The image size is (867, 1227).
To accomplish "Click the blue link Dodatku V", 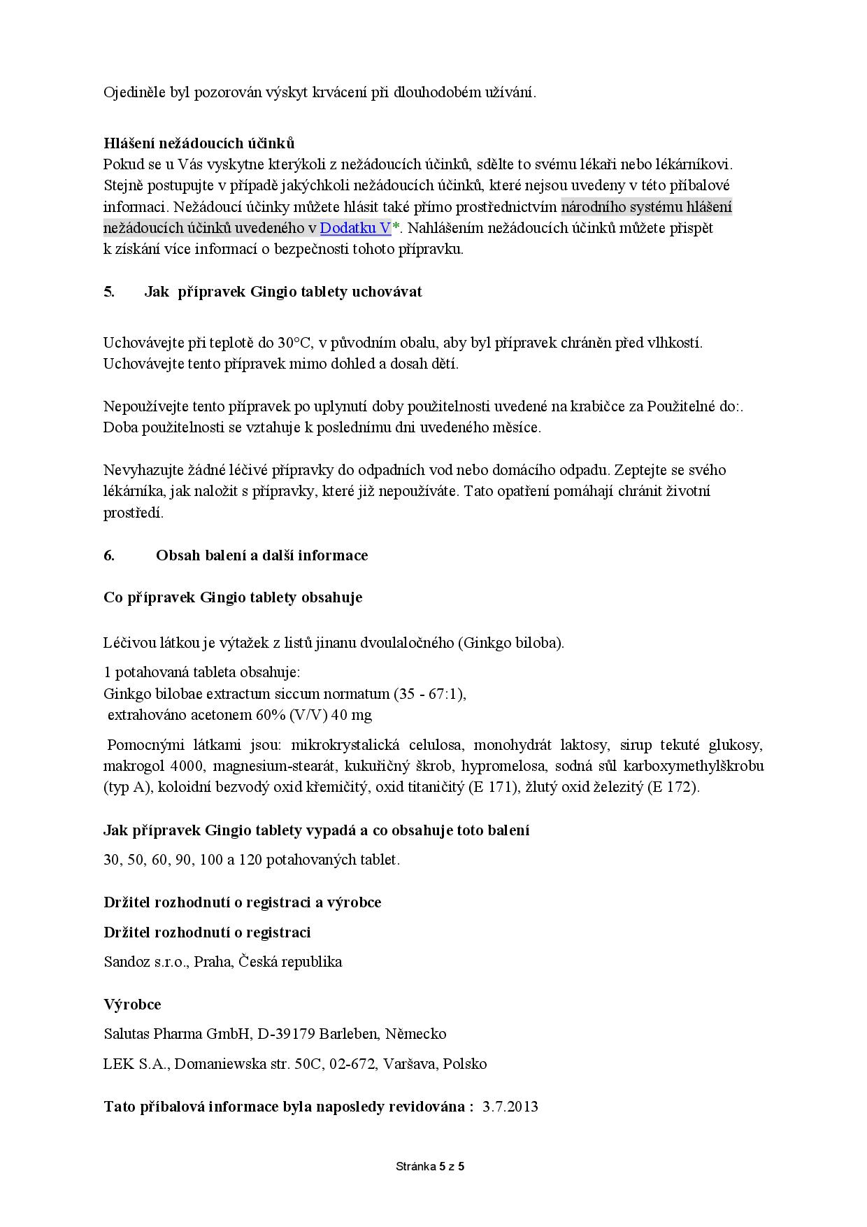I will [x=355, y=228].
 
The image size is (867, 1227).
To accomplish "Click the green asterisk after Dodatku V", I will [x=395, y=227].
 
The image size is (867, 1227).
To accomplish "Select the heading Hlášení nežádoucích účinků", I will [x=199, y=143].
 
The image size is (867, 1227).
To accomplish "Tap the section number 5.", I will [x=109, y=292].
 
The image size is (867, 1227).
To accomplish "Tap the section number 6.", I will [x=109, y=555].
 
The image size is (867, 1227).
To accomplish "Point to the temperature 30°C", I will [x=294, y=343].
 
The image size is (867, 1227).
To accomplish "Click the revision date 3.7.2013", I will [x=510, y=1107].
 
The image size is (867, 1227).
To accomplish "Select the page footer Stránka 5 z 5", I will [x=430, y=1166].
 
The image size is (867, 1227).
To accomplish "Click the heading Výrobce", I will [x=132, y=1005].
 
